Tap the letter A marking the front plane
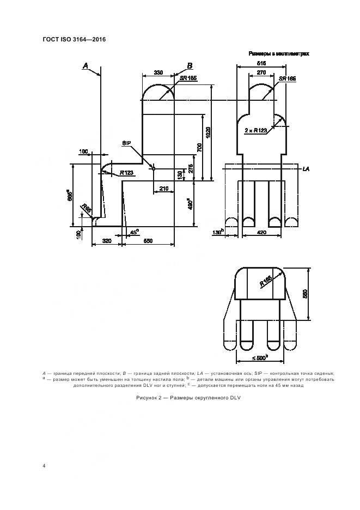click(86, 65)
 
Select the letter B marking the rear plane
click(190, 65)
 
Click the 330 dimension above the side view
click(158, 72)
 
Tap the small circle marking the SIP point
click(153, 169)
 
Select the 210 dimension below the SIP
click(163, 189)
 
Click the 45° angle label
click(134, 231)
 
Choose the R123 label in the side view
click(126, 173)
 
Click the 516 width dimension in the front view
click(261, 63)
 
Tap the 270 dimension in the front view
click(261, 72)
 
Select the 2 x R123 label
click(256, 131)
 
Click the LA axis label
click(306, 170)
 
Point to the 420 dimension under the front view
click(261, 233)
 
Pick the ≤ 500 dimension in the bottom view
click(260, 357)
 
